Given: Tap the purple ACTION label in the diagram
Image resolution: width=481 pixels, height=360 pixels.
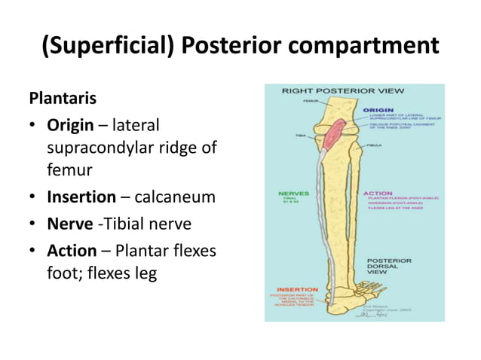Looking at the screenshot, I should pos(377,193).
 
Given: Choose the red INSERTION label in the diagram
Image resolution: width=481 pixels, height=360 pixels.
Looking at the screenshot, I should pos(297,289).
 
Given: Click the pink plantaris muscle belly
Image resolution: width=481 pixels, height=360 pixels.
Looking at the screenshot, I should pos(335,133).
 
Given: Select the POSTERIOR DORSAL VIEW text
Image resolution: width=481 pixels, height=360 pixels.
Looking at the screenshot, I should pos(395,267).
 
